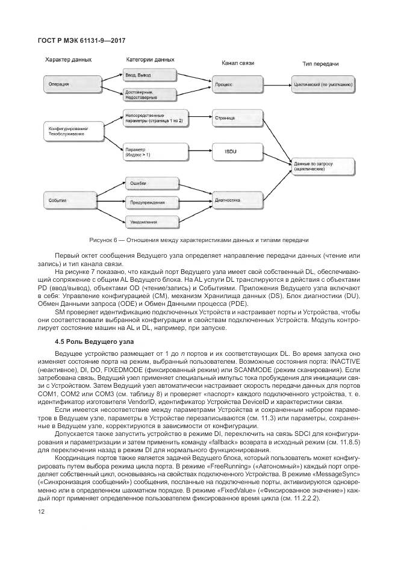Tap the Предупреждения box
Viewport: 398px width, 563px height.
(x=150, y=202)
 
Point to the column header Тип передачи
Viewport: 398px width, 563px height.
(x=320, y=63)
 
